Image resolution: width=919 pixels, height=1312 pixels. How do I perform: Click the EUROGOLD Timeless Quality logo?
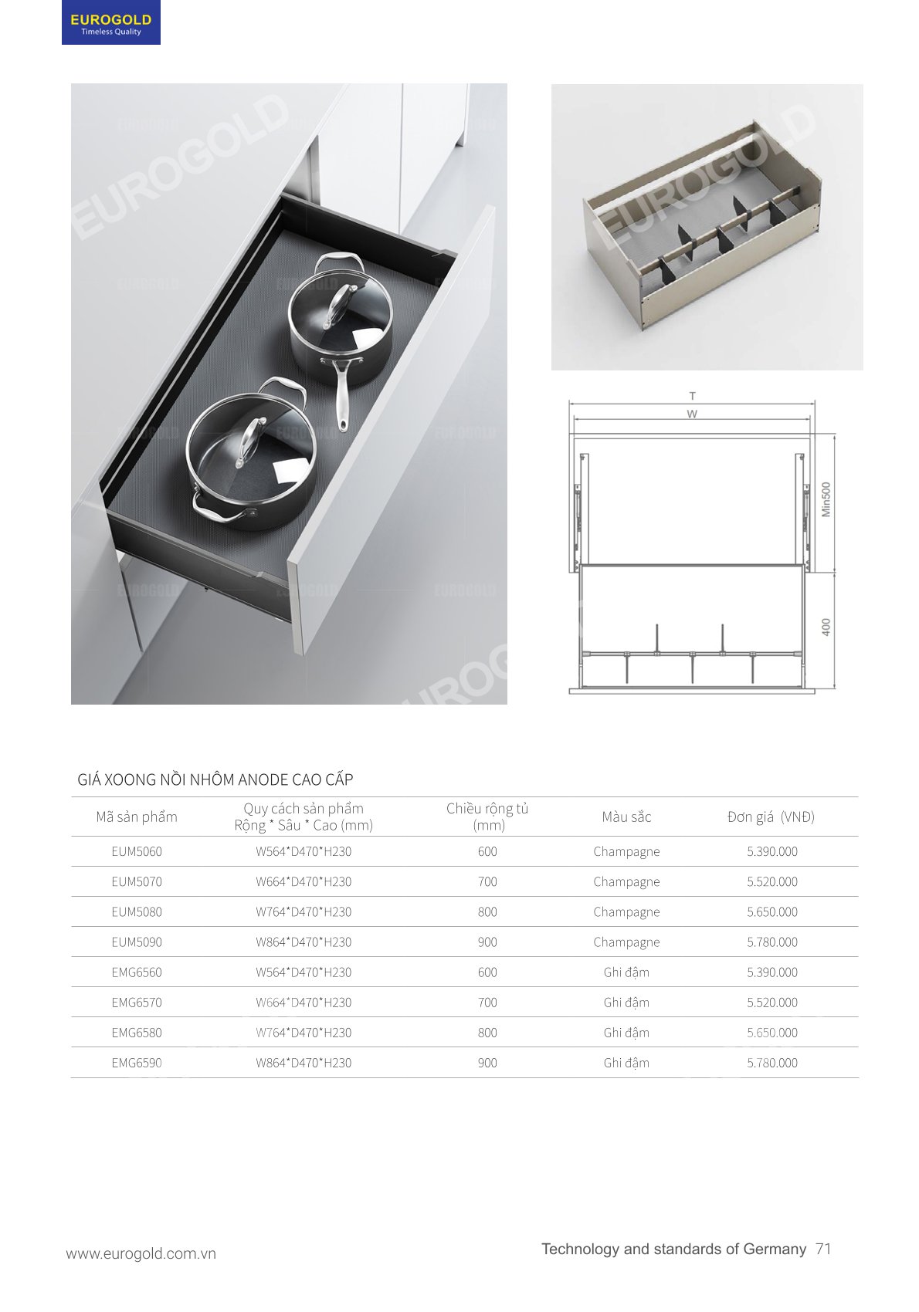point(110,22)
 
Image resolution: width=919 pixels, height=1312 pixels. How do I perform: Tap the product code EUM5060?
point(137,851)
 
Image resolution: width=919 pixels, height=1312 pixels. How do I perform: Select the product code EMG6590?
point(137,1063)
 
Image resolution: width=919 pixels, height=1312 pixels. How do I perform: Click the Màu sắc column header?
point(626,817)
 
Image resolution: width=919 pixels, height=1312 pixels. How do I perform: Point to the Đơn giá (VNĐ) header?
point(771,817)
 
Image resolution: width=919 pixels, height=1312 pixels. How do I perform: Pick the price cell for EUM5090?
point(772,942)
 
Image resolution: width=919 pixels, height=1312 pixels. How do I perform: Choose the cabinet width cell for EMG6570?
point(487,1003)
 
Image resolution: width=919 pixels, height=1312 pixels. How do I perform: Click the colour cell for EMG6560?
point(626,973)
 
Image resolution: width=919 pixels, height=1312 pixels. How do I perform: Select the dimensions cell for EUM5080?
point(304,912)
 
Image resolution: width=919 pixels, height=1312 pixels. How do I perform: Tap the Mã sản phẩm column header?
point(137,817)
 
